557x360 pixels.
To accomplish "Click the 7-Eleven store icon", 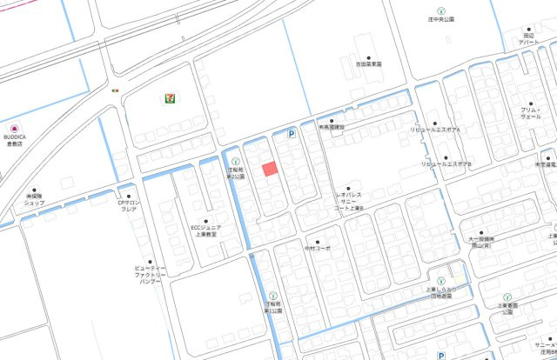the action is [x=168, y=98].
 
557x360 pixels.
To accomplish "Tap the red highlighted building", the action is [x=270, y=169].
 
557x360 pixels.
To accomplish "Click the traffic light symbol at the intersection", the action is [x=115, y=90].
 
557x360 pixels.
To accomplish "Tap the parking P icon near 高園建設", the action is [x=292, y=134].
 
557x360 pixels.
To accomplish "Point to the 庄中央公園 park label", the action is [x=441, y=19].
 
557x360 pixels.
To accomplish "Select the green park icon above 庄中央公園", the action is [x=439, y=9].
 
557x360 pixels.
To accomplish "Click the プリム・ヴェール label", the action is [x=530, y=112].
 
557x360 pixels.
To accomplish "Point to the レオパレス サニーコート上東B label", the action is [x=348, y=202].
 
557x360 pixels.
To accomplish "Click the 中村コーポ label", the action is [x=318, y=248].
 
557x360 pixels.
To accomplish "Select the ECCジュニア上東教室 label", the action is [x=205, y=230].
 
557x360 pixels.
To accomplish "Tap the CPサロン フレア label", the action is [x=128, y=206].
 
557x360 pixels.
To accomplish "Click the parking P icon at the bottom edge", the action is [x=441, y=355].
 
